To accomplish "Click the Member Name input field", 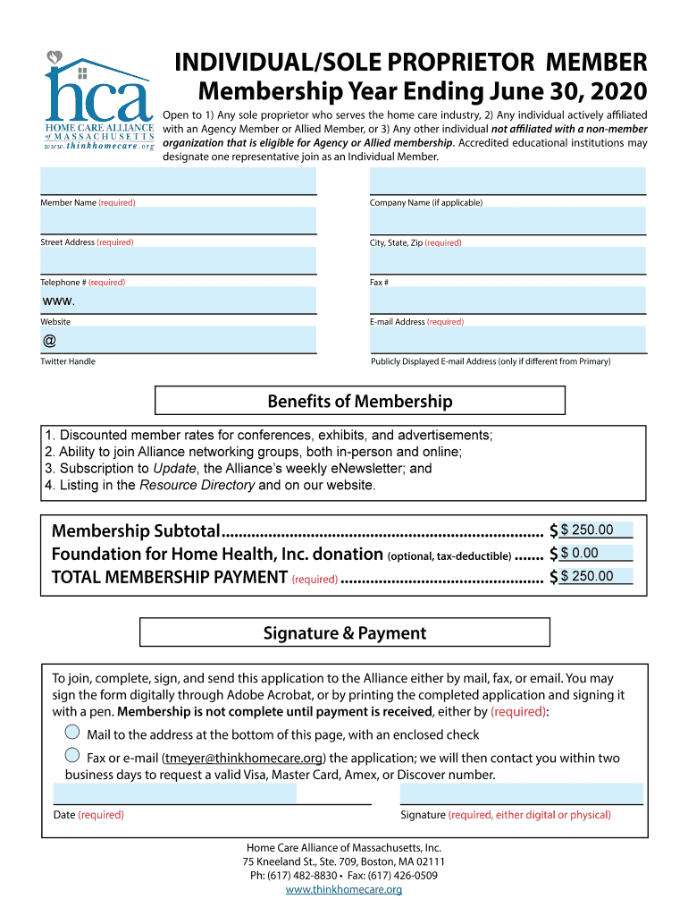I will [x=178, y=182].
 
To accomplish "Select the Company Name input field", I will [x=507, y=182].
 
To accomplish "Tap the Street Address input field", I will [x=178, y=221].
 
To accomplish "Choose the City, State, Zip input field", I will [x=507, y=221].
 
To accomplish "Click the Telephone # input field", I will [x=178, y=260].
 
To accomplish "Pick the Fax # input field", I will [x=507, y=260].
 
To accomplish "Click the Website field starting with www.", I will [x=178, y=301].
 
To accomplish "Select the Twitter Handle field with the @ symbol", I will [x=178, y=340].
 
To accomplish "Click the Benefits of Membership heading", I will [x=360, y=401].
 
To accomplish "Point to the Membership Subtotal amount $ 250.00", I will [x=595, y=530].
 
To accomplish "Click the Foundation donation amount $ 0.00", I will [x=595, y=554].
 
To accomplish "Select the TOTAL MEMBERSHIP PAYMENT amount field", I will [x=595, y=577].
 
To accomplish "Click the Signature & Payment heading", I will [x=344, y=633].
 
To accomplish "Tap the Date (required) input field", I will [x=175, y=793].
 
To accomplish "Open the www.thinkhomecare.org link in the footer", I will [x=343, y=890].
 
